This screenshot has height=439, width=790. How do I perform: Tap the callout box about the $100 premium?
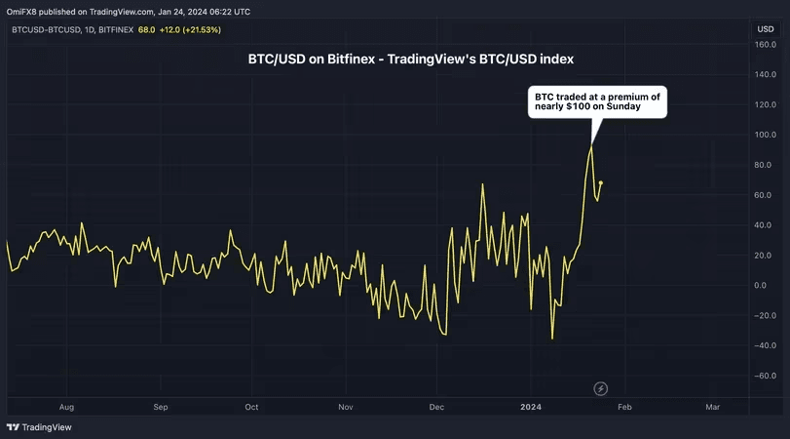598,102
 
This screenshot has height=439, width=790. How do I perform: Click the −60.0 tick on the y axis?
767,376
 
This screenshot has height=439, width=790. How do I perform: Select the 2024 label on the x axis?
530,406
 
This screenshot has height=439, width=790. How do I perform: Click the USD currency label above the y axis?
766,30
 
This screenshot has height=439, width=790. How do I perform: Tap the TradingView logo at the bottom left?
39,427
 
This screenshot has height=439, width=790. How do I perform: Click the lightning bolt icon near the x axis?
600,389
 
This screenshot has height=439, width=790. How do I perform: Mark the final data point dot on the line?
601,182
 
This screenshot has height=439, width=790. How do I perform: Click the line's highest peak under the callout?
590,146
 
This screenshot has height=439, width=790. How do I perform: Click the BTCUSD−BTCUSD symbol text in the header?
45,30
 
